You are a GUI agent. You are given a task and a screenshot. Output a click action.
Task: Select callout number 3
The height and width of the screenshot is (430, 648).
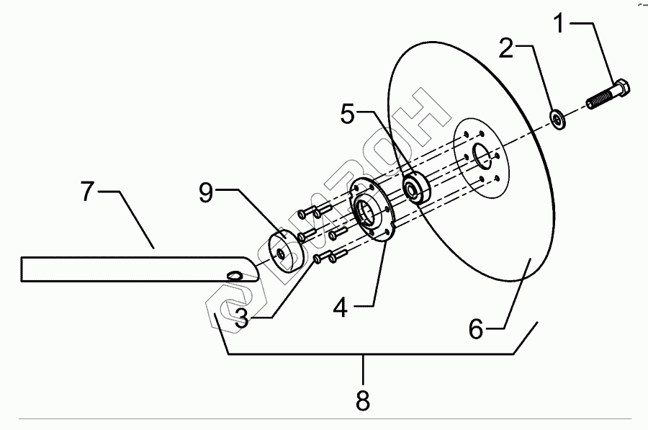point(242,318)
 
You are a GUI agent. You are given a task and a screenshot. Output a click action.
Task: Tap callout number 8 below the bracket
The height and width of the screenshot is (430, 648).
point(363,400)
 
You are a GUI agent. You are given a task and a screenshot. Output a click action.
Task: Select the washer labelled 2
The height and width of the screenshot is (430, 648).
point(559,119)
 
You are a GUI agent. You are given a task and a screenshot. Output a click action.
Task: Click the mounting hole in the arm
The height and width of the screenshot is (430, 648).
point(234,275)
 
